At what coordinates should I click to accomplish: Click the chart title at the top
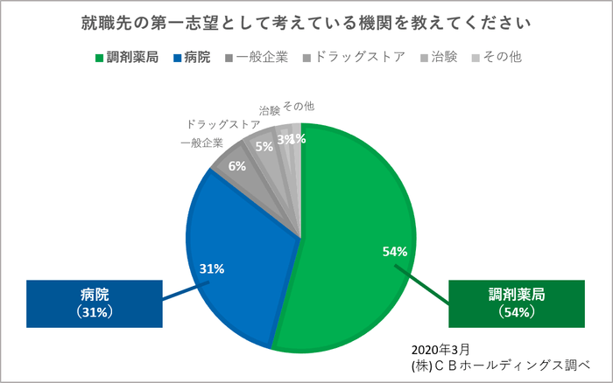point(306,18)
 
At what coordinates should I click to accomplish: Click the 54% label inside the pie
point(395,252)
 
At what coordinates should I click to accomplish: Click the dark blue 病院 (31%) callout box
point(95,302)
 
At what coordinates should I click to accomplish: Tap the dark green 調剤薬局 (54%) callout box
point(516,302)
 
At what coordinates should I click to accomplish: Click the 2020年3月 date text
point(439,348)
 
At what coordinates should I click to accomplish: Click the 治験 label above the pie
point(270,111)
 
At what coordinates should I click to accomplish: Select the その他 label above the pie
point(299,106)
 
